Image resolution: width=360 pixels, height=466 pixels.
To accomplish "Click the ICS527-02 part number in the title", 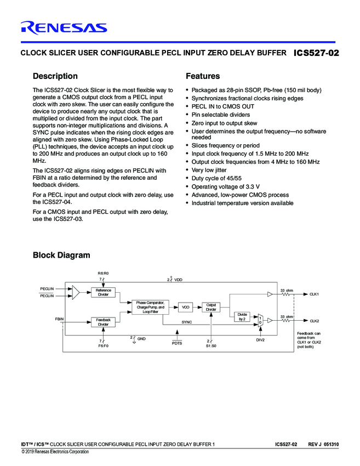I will coord(316,53).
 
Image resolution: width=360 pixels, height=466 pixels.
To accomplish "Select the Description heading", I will coord(55,76).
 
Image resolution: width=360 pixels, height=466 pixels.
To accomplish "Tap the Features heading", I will coord(203,76).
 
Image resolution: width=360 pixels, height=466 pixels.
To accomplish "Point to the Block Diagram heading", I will coord(61,255).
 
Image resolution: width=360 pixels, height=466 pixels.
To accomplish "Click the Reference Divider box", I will coord(103,292).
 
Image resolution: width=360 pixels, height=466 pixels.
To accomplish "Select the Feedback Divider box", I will coord(103,322).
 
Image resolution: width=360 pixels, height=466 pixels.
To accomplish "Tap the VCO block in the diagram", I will coord(186,308).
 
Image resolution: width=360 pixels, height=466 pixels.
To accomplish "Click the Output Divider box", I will coord(211,307).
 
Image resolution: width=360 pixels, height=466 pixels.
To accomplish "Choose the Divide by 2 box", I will coord(242,316).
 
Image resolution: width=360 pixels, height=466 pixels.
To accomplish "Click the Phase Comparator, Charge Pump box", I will coord(150,307).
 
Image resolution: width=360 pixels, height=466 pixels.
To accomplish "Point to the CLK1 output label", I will coord(314,294).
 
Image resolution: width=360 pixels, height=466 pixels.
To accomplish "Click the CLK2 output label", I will coord(314,321).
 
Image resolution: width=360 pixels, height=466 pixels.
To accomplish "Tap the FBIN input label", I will coord(59,319).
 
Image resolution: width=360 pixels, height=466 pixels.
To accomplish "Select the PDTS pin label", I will coord(176,343).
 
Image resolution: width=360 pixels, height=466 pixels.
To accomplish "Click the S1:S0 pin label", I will coord(211,346).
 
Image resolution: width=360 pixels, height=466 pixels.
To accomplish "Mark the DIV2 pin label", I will coord(260,340).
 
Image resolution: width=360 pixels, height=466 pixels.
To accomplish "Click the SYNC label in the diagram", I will coord(187,322).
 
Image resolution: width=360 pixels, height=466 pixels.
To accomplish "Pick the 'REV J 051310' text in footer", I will coord(323,443).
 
